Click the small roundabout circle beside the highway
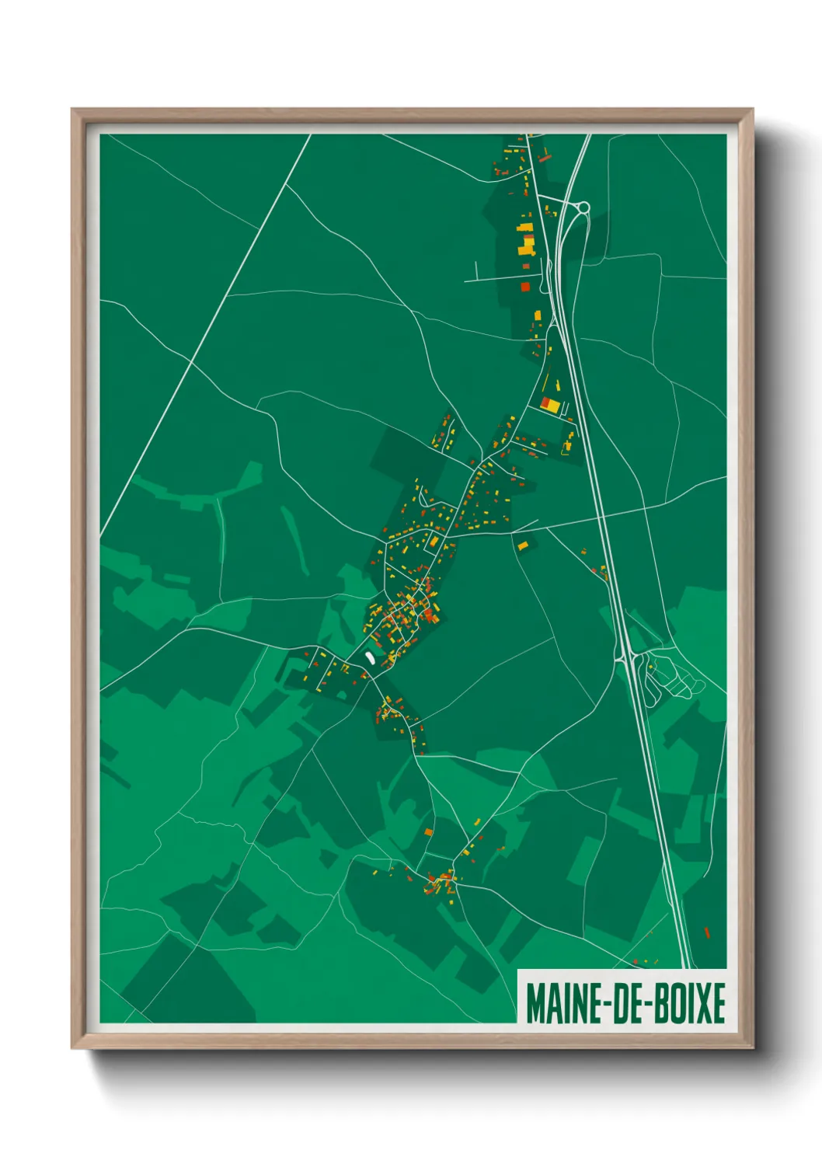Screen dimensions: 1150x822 [x=583, y=207]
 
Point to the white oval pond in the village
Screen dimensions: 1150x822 [x=370, y=657]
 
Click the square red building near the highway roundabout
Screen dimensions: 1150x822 [x=525, y=287]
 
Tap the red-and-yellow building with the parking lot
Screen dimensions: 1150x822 [x=551, y=404]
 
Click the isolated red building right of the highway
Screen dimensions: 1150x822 [x=707, y=932]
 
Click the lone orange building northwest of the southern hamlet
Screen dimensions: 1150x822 [x=427, y=832]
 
